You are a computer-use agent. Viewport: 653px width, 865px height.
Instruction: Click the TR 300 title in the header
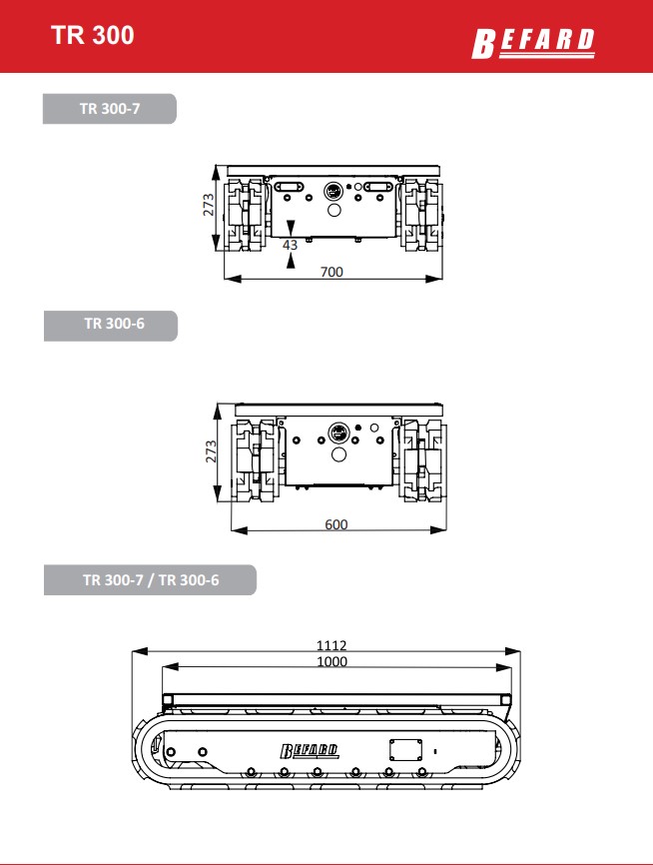point(93,35)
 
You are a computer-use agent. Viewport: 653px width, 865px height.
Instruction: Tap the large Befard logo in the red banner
point(533,43)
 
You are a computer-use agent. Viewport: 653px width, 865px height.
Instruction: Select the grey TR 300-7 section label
point(110,109)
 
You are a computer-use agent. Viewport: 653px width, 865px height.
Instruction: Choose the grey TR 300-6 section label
point(111,326)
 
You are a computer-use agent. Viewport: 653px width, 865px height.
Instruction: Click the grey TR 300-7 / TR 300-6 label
point(150,579)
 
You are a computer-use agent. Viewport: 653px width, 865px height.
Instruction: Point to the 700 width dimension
point(331,272)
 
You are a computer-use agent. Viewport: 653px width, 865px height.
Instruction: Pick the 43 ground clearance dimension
point(291,245)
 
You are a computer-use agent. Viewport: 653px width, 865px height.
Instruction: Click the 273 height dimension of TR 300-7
point(209,205)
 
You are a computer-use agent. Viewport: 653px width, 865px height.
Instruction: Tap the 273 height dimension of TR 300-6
point(211,451)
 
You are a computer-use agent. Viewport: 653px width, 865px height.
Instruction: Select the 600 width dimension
point(335,524)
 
